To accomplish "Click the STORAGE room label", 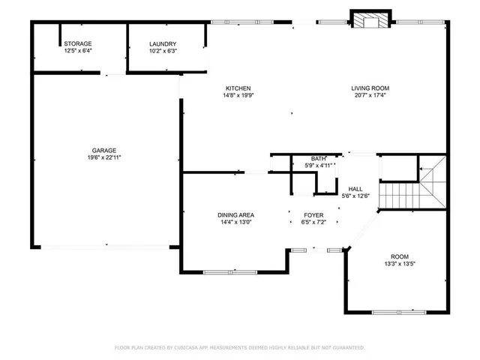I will (x=78, y=45).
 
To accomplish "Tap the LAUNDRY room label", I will (x=163, y=45).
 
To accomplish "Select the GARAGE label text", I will (x=105, y=151).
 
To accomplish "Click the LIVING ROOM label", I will (x=370, y=88).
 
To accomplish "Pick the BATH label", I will (x=319, y=158).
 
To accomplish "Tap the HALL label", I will (x=355, y=189).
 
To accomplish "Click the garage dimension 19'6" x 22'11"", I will (x=105, y=157).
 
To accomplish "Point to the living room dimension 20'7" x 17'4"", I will (x=370, y=95).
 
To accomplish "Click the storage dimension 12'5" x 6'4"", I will (x=78, y=52).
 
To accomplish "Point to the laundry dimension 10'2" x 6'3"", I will (x=163, y=52).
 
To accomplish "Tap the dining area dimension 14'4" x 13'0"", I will (x=236, y=222).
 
